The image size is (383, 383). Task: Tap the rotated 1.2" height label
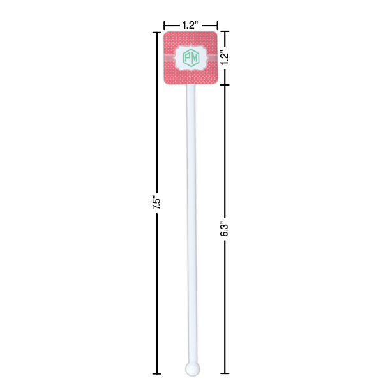click(225, 57)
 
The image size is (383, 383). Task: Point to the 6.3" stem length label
click(224, 229)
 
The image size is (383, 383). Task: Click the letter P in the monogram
click(187, 58)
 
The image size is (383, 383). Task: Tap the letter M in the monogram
click(195, 58)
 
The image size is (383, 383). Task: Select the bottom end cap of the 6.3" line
click(224, 373)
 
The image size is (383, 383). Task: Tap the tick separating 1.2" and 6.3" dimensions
click(224, 85)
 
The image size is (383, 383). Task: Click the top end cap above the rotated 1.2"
click(224, 31)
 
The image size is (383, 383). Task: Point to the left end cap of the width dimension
click(164, 25)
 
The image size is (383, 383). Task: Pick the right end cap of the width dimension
click(218, 25)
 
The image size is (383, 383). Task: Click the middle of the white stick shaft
click(191, 223)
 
